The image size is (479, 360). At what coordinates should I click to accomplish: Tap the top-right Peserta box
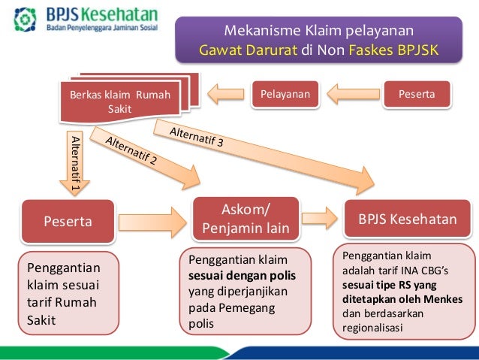(418, 94)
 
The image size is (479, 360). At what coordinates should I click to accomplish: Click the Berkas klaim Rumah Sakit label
(119, 101)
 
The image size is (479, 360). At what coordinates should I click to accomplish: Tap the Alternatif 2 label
(131, 151)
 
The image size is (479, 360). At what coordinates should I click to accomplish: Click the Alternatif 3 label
(197, 137)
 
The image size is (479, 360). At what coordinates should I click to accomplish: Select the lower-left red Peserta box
(68, 222)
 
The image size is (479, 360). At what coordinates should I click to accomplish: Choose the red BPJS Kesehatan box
(407, 219)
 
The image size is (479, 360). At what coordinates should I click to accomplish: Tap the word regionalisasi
(373, 328)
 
